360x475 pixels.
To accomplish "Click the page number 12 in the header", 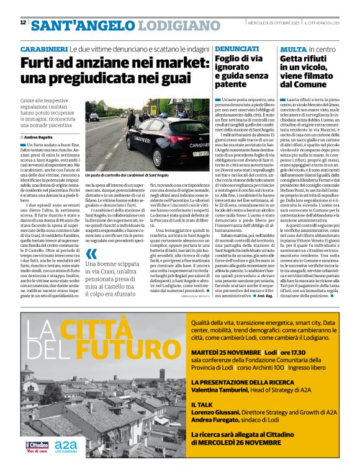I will [x=23, y=23].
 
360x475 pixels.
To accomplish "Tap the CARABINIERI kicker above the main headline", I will [x=44, y=48].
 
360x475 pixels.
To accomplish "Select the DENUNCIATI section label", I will [x=238, y=48].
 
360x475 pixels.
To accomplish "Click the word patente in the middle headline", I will [x=232, y=84].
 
